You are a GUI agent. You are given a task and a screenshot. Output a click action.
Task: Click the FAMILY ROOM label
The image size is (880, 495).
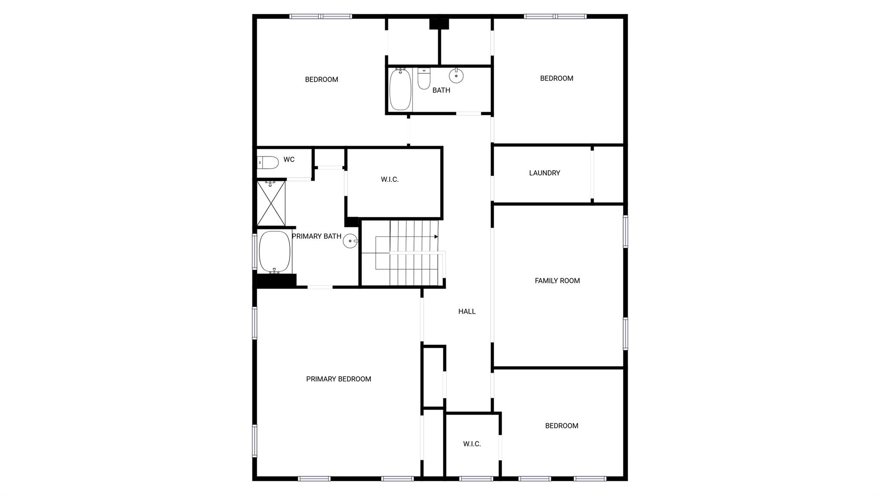point(557,281)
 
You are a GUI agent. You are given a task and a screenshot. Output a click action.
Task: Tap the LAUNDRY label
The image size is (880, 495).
point(544,173)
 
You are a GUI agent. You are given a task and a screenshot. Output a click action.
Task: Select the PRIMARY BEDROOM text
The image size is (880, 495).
point(338,379)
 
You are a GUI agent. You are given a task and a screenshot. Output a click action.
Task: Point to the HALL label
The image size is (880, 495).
point(467,311)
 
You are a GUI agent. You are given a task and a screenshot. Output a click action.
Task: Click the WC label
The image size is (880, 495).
point(289,160)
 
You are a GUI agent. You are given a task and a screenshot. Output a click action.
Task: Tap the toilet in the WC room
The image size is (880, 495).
point(268,163)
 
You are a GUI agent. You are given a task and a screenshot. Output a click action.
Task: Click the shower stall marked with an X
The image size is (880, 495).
point(271,203)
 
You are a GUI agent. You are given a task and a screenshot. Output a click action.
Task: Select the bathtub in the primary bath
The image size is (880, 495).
point(275,252)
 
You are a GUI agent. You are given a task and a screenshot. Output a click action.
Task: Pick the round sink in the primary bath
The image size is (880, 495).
point(350,241)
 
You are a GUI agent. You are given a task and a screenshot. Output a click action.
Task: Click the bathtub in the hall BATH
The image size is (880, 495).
point(400,89)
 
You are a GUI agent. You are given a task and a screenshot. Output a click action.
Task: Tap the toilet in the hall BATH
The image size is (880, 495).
point(424,79)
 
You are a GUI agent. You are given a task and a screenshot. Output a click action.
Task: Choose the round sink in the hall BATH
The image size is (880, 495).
point(456,76)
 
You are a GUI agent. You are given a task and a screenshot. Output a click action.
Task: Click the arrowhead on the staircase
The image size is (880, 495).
point(436,237)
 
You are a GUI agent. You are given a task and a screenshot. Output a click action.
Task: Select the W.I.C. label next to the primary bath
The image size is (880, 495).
point(389,180)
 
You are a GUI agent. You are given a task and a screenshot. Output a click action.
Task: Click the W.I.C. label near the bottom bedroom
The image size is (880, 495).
point(472,444)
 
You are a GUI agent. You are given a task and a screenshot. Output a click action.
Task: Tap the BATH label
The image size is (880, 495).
point(441,90)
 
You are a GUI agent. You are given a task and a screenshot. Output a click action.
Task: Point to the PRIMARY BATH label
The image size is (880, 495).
point(316,236)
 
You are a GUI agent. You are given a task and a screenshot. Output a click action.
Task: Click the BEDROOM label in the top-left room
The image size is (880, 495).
point(321,80)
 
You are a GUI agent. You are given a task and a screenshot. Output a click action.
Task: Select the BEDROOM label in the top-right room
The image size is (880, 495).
point(556,78)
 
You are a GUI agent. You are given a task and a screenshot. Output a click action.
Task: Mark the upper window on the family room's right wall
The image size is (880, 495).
point(625,231)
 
